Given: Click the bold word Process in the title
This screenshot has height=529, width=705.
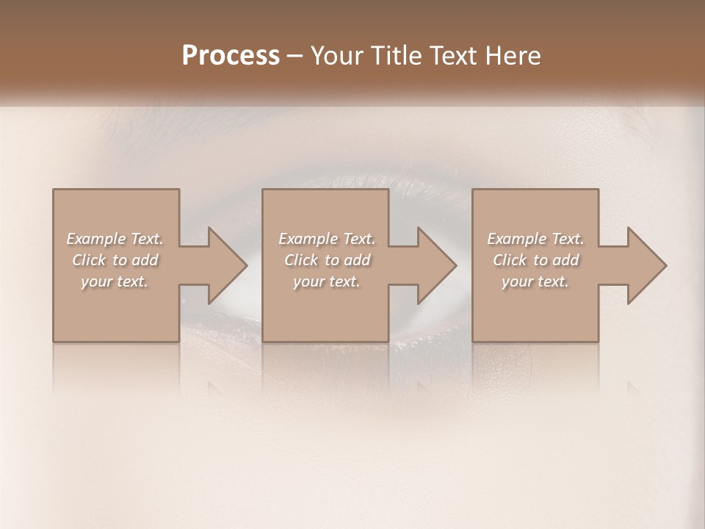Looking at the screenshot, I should [231, 56].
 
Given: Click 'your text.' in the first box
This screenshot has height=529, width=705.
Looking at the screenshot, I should [115, 281].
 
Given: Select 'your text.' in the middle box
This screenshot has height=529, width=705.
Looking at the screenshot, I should [327, 281].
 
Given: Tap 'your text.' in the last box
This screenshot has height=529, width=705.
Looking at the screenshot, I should [535, 281].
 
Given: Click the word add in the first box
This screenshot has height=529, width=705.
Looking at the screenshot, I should [145, 260].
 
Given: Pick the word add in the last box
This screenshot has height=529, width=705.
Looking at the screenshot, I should [566, 260].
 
